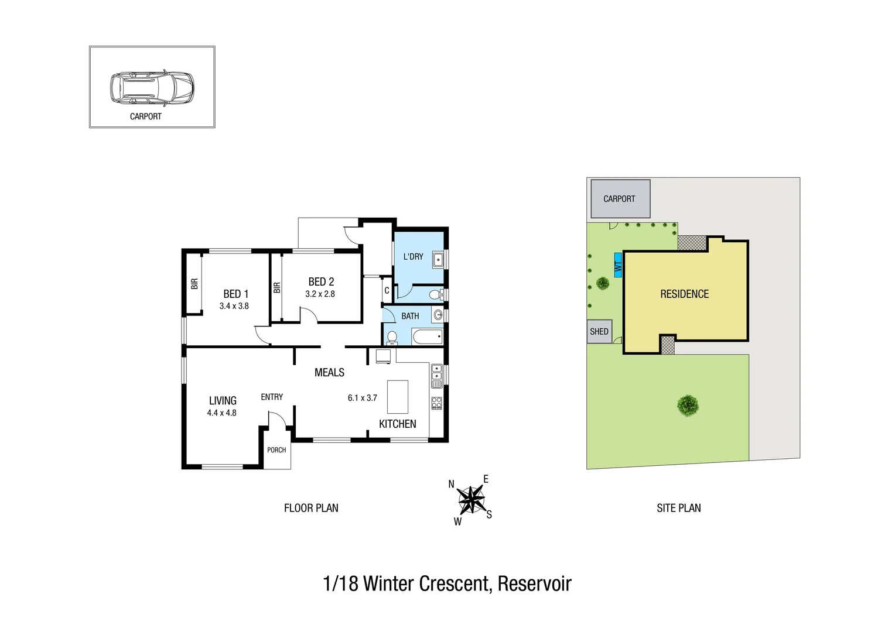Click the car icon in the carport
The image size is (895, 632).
click(152, 88)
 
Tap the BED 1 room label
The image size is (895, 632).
click(235, 294)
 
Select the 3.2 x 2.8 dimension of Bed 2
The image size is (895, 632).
click(320, 294)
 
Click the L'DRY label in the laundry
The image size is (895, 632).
click(413, 256)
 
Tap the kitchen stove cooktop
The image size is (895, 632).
click(436, 403)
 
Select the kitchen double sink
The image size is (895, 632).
click(436, 376)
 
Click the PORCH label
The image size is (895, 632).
click(276, 450)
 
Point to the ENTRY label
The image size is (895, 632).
click(272, 397)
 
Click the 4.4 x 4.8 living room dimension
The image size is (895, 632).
click(221, 413)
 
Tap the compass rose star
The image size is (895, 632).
click(471, 499)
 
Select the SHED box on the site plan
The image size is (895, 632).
click(599, 331)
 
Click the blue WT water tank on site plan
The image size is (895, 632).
click(617, 265)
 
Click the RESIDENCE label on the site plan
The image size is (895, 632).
click(684, 294)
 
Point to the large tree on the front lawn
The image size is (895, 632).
click(688, 405)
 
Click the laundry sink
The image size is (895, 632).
click(438, 259)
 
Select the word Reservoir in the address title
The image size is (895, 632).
click(534, 583)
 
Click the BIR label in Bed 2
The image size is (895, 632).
click(276, 287)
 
